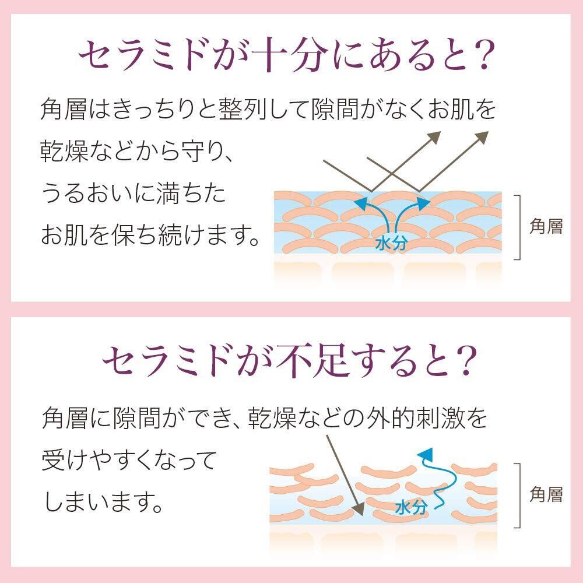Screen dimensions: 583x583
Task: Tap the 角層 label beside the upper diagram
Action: click(546, 227)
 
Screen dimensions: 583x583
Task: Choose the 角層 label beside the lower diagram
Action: click(546, 495)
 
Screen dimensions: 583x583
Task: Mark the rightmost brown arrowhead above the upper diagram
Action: click(482, 137)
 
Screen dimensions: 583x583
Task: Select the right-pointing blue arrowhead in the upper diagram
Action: click(424, 202)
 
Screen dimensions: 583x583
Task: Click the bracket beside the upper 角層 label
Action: click(518, 227)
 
